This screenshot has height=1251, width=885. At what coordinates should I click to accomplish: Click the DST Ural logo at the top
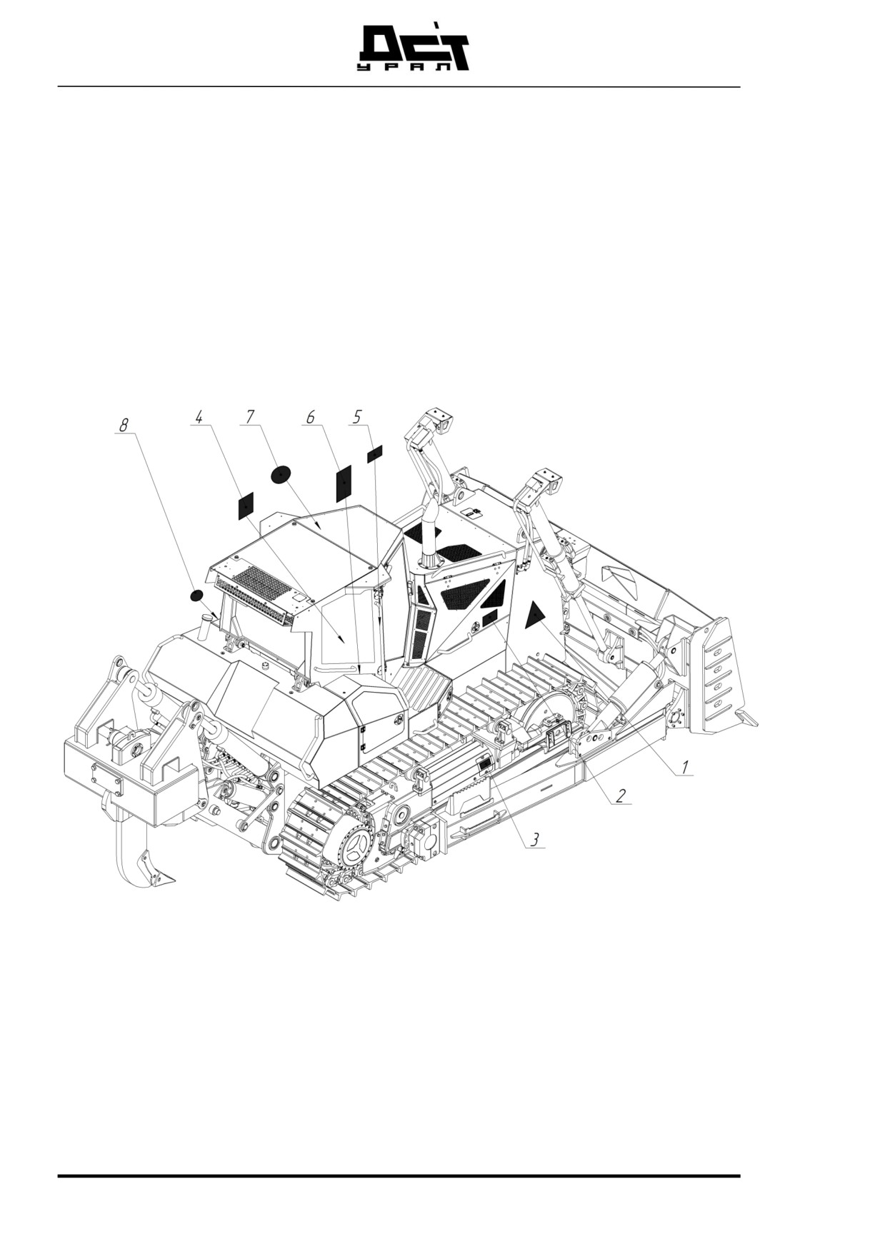pos(412,48)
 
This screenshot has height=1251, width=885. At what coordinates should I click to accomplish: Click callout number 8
pos(124,425)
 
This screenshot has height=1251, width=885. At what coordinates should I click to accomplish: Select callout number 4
pos(199,416)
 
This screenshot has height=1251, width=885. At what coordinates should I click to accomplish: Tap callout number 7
pos(250,416)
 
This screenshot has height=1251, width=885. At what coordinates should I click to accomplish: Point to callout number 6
pos(310,416)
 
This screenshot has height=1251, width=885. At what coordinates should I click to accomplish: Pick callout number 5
pos(357,416)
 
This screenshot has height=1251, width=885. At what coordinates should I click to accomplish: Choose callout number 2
pos(621,795)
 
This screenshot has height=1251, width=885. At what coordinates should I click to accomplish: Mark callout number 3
pos(535,840)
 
